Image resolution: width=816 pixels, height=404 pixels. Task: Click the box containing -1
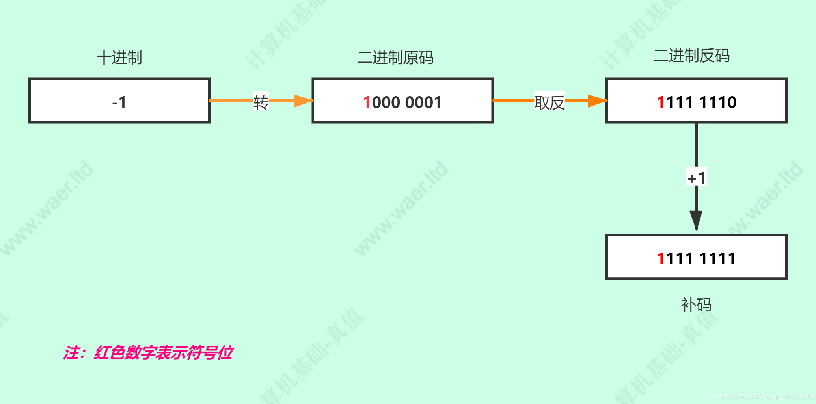[119, 101]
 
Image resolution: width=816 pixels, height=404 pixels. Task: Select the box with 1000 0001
[402, 101]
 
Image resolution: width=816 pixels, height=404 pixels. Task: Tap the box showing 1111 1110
[696, 101]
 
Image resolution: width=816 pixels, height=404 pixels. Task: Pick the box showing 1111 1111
[696, 257]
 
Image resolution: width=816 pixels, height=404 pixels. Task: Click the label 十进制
[119, 58]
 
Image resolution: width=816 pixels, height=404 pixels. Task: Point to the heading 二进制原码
[395, 58]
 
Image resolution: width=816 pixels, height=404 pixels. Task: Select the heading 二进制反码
[691, 56]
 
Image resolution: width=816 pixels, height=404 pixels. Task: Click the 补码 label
[696, 305]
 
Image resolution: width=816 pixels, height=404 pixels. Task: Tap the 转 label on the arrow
[261, 102]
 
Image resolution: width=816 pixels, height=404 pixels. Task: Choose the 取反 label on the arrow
[550, 102]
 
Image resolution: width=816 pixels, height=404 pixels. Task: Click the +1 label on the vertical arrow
[697, 178]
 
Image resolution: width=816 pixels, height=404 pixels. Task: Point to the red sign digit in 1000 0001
[367, 102]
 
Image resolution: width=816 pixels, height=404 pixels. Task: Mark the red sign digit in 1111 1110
[661, 102]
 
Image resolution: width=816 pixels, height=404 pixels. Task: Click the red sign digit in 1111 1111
[661, 259]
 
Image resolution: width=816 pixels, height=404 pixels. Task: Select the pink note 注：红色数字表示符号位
[148, 352]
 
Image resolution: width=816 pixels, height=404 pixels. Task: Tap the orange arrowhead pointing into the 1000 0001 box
[303, 101]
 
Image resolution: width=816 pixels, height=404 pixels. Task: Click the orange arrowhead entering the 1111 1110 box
[597, 101]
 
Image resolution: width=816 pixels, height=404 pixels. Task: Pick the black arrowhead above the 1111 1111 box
[696, 220]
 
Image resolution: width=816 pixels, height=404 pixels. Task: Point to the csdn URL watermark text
[764, 397]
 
